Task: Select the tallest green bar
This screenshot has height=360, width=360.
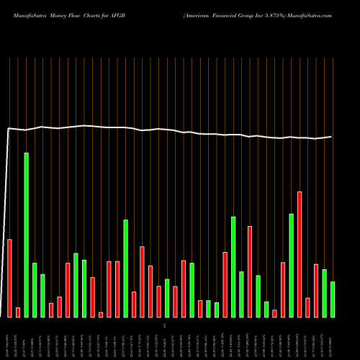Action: click(x=27, y=235)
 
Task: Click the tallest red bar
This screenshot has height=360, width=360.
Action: click(x=300, y=254)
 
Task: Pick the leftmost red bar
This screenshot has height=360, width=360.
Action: click(x=9, y=278)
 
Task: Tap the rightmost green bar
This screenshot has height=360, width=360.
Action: click(x=333, y=299)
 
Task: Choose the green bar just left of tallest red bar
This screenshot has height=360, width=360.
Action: click(x=292, y=265)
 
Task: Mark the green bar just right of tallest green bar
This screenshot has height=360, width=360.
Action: click(x=35, y=289)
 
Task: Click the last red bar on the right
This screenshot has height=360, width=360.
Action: click(x=316, y=290)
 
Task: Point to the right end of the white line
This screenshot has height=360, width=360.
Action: click(x=332, y=136)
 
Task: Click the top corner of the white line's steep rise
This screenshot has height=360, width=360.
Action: click(x=8, y=129)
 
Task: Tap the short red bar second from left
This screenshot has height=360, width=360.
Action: click(x=18, y=312)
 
